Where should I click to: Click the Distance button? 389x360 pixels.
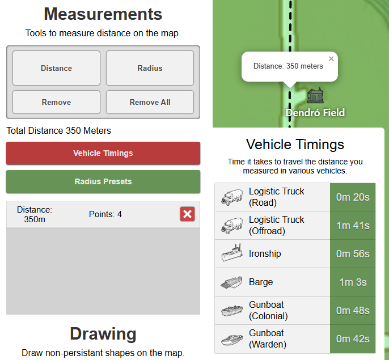(x=56, y=68)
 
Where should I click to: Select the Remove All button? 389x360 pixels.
(x=150, y=102)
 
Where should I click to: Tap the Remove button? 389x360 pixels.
(x=56, y=102)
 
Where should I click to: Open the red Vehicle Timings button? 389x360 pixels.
(x=103, y=153)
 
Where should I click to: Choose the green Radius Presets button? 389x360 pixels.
(x=103, y=181)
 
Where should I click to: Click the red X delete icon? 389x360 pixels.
(x=187, y=214)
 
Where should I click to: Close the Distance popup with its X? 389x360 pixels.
(x=331, y=58)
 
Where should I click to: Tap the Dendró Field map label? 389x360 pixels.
(x=315, y=113)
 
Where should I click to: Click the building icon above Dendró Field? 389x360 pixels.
(x=315, y=95)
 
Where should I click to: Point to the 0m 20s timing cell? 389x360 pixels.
(x=353, y=197)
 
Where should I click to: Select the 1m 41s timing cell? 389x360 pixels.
(x=353, y=225)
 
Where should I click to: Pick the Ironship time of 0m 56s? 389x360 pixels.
(x=353, y=253)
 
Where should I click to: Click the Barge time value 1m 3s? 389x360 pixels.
(x=353, y=282)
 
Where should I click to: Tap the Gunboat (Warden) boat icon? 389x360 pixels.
(x=232, y=339)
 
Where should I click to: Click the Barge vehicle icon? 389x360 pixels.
(x=232, y=282)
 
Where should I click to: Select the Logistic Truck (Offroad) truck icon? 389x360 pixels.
(x=232, y=226)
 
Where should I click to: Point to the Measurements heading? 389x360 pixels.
(x=103, y=14)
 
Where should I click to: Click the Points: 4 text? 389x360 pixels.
(x=105, y=214)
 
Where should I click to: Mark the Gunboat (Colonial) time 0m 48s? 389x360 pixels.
(x=353, y=310)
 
